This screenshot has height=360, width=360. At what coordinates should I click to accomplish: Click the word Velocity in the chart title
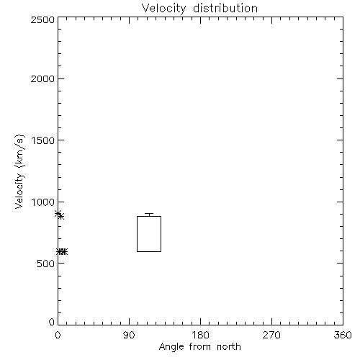point(163,9)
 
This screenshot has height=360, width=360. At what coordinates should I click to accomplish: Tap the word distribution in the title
point(225,8)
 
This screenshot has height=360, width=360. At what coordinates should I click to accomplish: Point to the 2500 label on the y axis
point(42,19)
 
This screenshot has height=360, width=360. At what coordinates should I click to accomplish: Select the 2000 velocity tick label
point(42,78)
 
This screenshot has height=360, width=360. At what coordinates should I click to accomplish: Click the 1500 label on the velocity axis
point(43,140)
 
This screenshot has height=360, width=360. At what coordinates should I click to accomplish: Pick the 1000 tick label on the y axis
point(43,202)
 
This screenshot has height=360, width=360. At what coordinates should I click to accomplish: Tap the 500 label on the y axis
point(46,264)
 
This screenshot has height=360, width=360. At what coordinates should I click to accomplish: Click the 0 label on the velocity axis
point(52,322)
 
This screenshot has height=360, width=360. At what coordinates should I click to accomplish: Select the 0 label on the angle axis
point(58,335)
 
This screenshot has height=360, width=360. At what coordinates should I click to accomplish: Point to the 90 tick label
point(129,335)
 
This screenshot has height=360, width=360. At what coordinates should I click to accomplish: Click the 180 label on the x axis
point(200,335)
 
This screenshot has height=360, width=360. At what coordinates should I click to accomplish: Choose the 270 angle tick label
point(271,335)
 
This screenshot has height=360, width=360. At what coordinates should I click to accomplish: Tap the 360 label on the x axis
point(343,335)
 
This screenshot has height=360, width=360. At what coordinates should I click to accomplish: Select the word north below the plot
point(229,347)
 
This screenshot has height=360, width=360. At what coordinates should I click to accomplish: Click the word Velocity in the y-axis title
point(19,191)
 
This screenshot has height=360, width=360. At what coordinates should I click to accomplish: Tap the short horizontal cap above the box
point(149,213)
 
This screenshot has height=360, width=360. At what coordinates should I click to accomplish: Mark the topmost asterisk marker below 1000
point(58,213)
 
